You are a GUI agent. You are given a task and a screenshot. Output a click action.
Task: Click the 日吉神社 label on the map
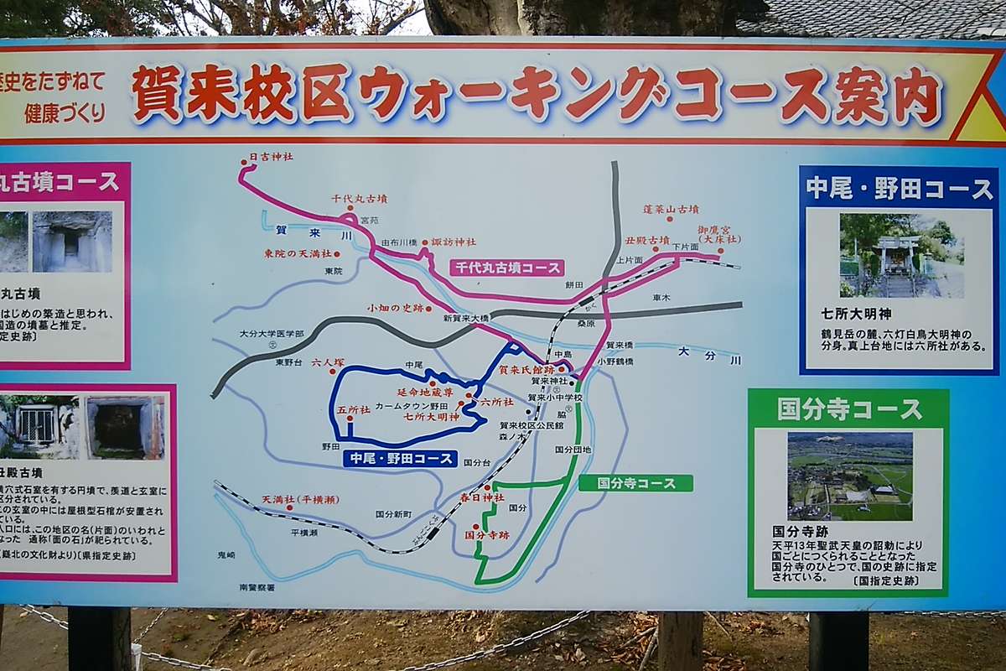coord(272,157)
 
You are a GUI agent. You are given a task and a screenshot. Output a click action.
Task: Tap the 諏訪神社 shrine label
coord(453,242)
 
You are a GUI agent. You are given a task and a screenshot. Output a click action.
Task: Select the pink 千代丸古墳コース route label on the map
coord(507,268)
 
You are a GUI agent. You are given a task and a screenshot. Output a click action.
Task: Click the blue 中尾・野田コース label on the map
coord(400,459)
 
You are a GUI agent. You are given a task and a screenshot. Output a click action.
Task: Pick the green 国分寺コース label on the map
coord(635,483)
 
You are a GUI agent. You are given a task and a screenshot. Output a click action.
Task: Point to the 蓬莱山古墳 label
coord(671,209)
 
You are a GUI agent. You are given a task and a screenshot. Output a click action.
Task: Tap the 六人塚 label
coord(328,363)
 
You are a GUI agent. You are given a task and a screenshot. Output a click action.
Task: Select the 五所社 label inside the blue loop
coord(353,411)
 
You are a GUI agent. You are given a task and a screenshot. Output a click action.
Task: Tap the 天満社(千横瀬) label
coord(300,500)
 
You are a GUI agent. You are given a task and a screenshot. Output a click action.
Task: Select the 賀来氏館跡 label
coord(526,369)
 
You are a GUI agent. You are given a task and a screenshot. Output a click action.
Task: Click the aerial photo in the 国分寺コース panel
coord(849,476)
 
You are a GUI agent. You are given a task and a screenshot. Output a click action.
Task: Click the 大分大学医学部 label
coord(272,334)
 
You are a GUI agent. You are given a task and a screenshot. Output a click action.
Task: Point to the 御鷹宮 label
coord(719,233)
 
